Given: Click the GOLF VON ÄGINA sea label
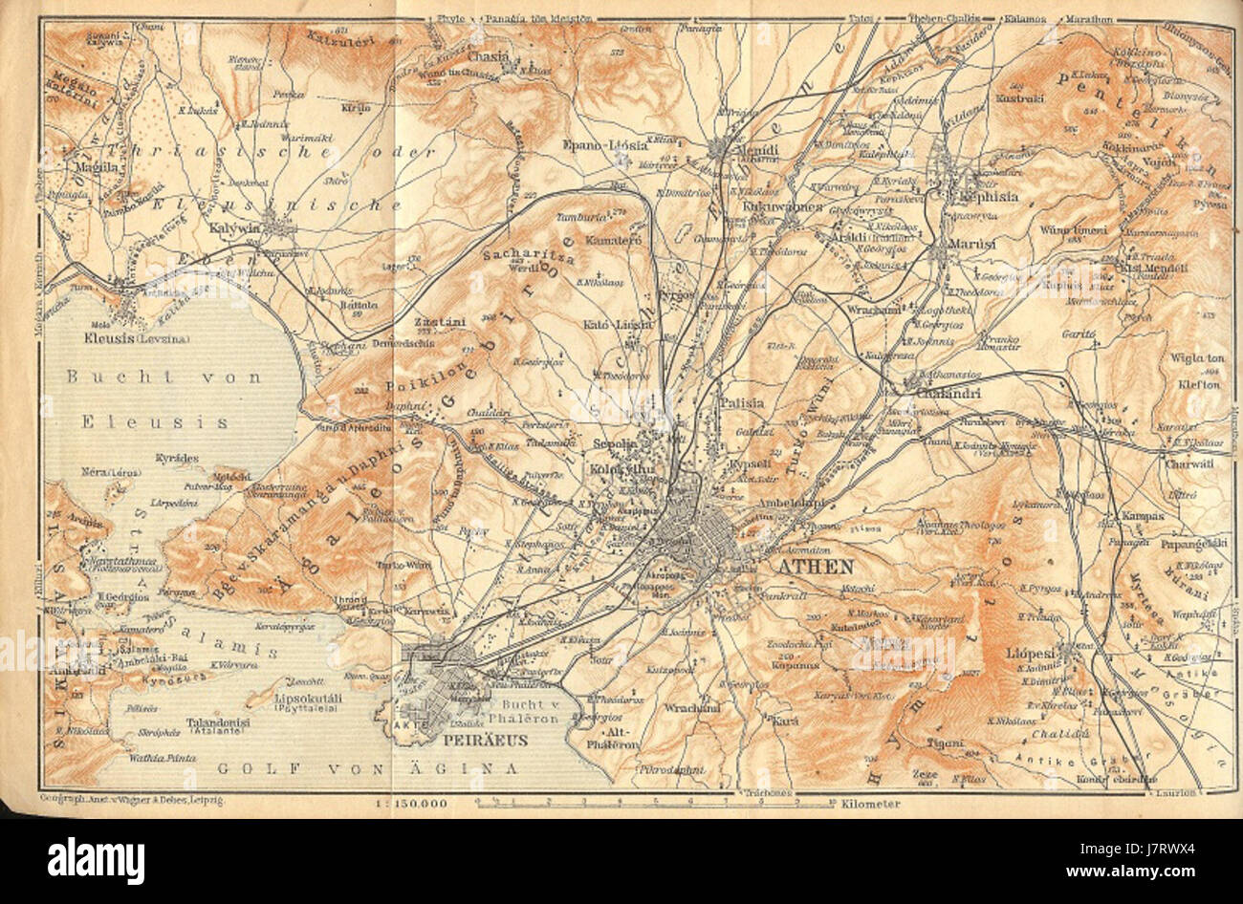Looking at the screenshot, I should point(367,767).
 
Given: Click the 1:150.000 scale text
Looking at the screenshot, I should point(408,804).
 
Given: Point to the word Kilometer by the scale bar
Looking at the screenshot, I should point(870,804).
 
